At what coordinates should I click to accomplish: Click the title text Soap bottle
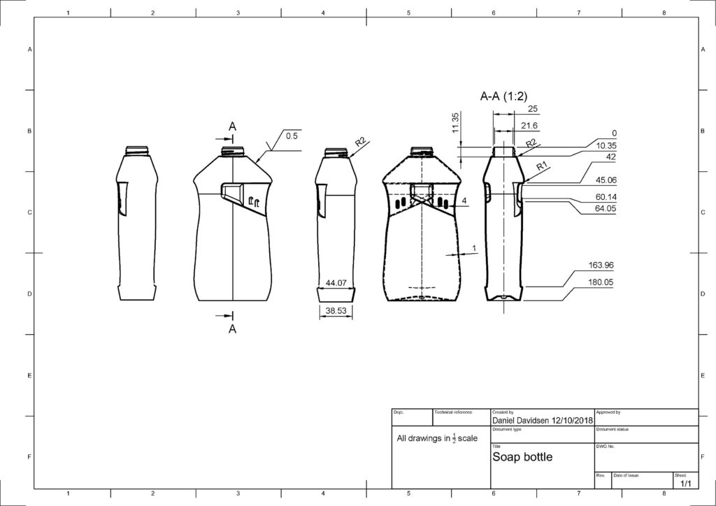pyautogui.click(x=522, y=457)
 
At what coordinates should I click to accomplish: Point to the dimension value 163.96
pyautogui.click(x=602, y=265)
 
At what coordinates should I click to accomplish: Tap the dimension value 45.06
pyautogui.click(x=603, y=180)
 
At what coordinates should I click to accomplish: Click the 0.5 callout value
pyautogui.click(x=291, y=136)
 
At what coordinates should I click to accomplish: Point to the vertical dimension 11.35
pyautogui.click(x=455, y=122)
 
